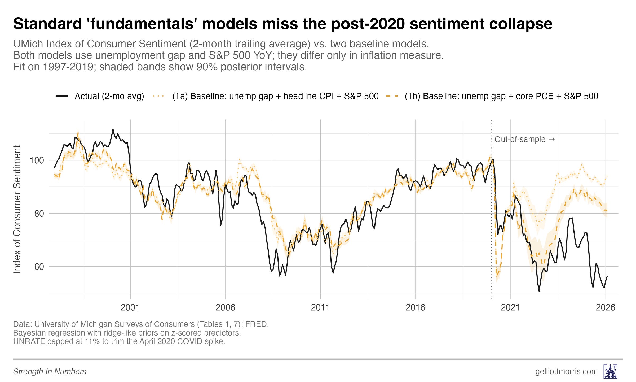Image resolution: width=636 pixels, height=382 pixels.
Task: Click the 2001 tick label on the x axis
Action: pos(130,307)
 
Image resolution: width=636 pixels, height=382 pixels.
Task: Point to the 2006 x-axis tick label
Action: pos(225,307)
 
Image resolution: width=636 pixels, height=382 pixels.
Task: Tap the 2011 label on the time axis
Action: pos(320,307)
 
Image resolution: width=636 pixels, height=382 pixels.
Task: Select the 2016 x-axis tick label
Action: pos(415,307)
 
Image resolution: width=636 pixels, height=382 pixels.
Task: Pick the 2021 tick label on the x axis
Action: pos(510,307)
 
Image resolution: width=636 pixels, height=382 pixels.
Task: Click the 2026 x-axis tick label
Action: pos(605,307)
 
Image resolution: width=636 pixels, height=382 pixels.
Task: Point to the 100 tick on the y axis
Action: pos(37,160)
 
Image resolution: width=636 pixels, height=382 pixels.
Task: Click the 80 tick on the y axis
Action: pos(39,214)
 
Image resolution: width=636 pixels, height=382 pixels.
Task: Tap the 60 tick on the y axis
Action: pos(39,267)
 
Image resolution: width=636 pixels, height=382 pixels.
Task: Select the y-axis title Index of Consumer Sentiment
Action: pos(17,209)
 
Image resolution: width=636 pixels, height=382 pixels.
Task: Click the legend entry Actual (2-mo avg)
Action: pos(109,96)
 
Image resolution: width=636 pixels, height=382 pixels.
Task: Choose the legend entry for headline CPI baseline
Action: pos(275,96)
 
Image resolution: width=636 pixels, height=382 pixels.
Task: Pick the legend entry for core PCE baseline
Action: pos(501,96)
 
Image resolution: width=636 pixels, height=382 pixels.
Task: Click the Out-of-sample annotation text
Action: pos(520,139)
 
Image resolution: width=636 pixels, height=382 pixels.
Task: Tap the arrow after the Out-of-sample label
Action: pos(551,139)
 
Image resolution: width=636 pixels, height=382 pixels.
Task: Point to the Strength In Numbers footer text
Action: pos(50,372)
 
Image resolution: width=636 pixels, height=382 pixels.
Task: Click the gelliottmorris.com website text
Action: pos(566,371)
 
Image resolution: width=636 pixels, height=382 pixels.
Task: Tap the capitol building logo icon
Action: pos(611,371)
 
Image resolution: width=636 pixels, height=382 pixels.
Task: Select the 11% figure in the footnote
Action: pos(92,341)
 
